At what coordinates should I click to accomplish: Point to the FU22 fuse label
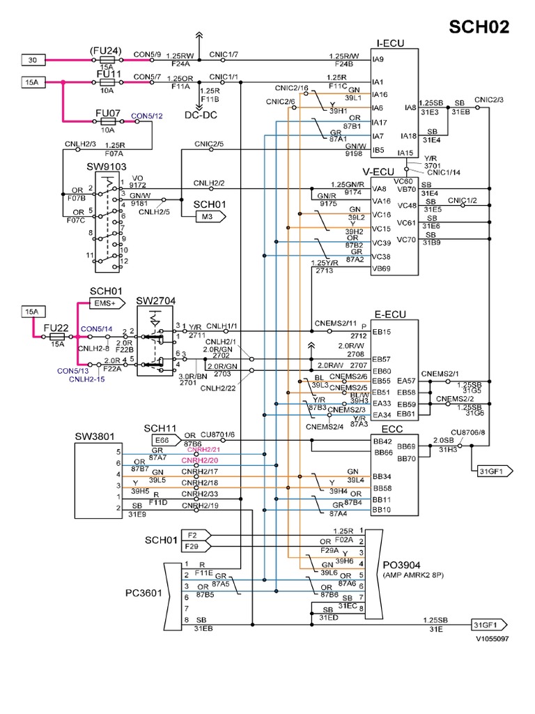[55, 328]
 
